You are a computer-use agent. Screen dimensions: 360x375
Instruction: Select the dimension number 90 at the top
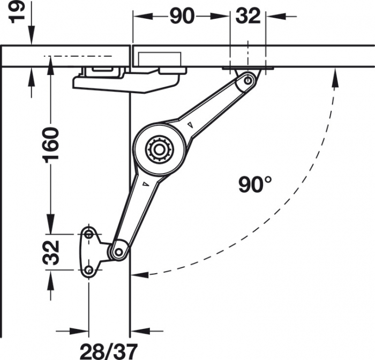coord(182,16)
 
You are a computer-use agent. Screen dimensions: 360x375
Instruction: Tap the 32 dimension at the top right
coord(248,16)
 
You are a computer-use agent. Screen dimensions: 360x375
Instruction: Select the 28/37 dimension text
coord(108,350)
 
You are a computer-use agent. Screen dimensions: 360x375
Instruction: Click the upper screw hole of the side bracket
coord(88,234)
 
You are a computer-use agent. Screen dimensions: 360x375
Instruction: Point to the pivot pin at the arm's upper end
coord(247,80)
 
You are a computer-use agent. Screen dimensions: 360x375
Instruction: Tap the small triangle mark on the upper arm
coord(189,125)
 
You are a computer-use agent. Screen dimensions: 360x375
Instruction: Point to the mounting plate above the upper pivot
coord(247,68)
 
